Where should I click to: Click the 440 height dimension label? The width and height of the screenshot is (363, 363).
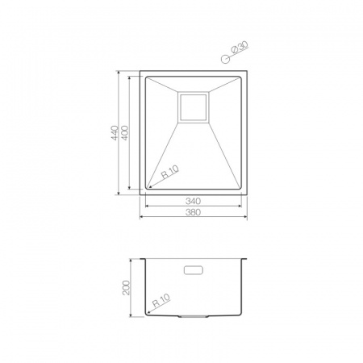coord(115,132)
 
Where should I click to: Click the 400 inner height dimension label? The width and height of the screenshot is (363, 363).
coord(125,132)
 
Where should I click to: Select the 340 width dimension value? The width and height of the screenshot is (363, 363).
coord(193,201)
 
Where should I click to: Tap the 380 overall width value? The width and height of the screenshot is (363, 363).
coord(193,212)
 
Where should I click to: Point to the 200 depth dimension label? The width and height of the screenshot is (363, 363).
coord(126,288)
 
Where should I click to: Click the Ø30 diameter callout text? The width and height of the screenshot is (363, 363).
coord(240,48)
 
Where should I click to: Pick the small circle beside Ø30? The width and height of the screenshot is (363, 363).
coord(225,59)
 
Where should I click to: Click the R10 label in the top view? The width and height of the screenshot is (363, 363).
coord(170,172)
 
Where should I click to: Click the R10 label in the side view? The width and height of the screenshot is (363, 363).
coord(161,300)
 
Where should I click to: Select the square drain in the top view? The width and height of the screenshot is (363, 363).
coord(194,107)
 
